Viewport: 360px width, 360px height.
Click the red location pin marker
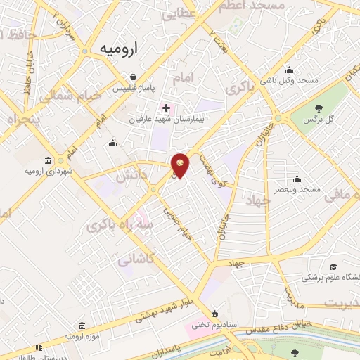click(181, 165)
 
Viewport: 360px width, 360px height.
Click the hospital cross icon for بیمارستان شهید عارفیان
click(166, 108)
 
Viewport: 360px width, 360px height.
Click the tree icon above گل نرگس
click(319, 108)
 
